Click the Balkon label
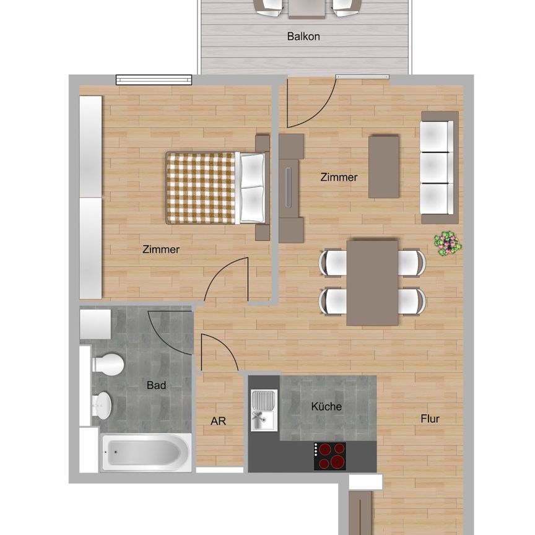[x=303, y=37]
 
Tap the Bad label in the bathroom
[x=156, y=385]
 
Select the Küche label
[x=326, y=407]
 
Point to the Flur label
[x=430, y=419]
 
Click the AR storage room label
[x=218, y=421]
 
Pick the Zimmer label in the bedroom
[x=160, y=250]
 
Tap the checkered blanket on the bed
[x=200, y=188]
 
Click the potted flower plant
[x=447, y=243]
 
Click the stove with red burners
[x=329, y=456]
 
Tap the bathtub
[x=147, y=452]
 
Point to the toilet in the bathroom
[x=109, y=364]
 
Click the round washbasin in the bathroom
[x=102, y=406]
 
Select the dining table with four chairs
[x=372, y=282]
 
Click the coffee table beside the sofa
[x=384, y=167]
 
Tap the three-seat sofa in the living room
[x=439, y=167]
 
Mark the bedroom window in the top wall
[x=154, y=80]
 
